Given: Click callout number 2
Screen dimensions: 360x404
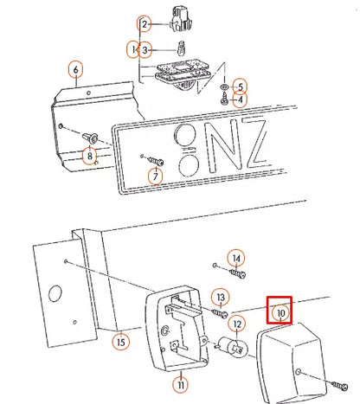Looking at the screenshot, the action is pyautogui.click(x=144, y=24).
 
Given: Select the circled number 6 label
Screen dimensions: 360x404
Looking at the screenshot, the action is pyautogui.click(x=75, y=69).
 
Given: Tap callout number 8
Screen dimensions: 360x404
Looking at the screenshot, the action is pyautogui.click(x=90, y=156).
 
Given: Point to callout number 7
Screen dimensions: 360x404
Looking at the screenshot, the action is pyautogui.click(x=156, y=176).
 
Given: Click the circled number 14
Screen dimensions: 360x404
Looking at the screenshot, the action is pyautogui.click(x=236, y=258).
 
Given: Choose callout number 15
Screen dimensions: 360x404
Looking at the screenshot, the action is pyautogui.click(x=121, y=342).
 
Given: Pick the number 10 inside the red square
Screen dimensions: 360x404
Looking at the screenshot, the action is pyautogui.click(x=280, y=313).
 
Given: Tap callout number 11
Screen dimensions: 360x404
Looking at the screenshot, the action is pyautogui.click(x=181, y=385).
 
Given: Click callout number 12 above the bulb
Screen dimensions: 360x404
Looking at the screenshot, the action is pyautogui.click(x=237, y=324).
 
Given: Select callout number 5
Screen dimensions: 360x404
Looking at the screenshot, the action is pyautogui.click(x=241, y=87).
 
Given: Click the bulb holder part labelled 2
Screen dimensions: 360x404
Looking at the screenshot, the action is pyautogui.click(x=182, y=18).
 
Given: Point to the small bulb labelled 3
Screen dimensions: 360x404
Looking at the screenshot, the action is pyautogui.click(x=181, y=49).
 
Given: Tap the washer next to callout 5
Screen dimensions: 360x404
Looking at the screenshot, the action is pyautogui.click(x=223, y=87).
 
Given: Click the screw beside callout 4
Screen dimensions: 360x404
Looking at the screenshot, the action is pyautogui.click(x=224, y=99).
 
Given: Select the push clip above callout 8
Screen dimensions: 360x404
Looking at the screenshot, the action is pyautogui.click(x=91, y=138).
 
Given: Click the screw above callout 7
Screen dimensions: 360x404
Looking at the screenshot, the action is pyautogui.click(x=156, y=161).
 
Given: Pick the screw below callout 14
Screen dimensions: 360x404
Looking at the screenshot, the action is pyautogui.click(x=238, y=273).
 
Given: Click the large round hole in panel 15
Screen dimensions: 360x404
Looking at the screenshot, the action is pyautogui.click(x=55, y=293).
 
